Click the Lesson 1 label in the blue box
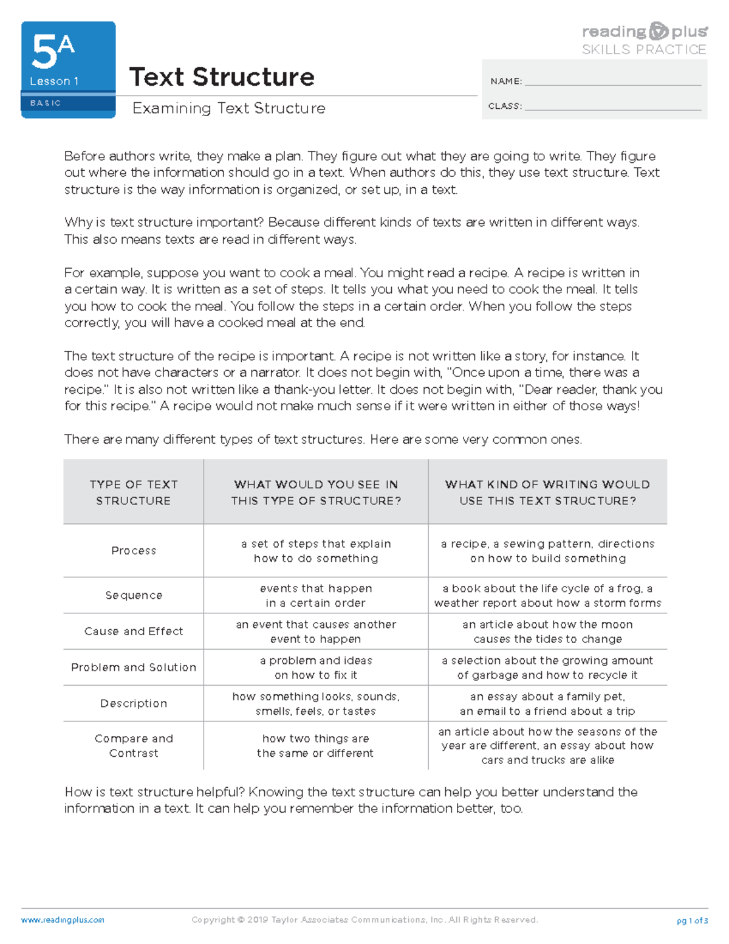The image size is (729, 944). pos(54,81)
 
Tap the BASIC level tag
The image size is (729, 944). pos(46,103)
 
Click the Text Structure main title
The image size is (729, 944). pos(222,77)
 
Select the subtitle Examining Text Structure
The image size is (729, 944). pos(228,108)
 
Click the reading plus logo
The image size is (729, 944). pos(644,32)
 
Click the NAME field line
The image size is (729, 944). pos(612,82)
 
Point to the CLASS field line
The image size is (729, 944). pos(612,107)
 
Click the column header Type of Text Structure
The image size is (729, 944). pos(133,492)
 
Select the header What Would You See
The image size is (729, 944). pos(316,492)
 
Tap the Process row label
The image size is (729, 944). pos(134,551)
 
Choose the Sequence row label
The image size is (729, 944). pos(134,596)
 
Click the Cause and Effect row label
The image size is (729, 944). pos(134,632)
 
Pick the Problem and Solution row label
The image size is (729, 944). pos(134,667)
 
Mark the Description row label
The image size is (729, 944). pos(134,703)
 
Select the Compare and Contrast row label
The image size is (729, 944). pos(134,746)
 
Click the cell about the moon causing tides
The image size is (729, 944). pos(547,632)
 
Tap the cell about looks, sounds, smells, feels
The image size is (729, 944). pos(316,703)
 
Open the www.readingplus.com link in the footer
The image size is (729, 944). pos(63,920)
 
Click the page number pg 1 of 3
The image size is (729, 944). pos(692,920)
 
